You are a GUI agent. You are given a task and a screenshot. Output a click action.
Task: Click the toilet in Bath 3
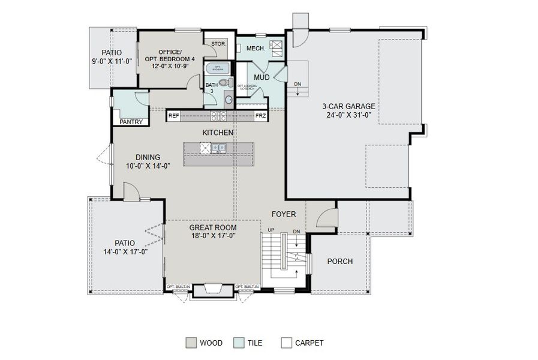click(224, 83)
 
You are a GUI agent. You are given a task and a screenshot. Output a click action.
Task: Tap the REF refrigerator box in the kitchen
click(173, 115)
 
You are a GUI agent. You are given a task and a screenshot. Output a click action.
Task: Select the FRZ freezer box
click(260, 115)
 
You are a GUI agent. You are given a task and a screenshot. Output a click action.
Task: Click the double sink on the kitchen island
click(218, 147)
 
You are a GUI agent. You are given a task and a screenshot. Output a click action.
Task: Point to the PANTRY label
click(131, 122)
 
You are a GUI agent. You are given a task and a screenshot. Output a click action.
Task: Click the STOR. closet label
click(218, 44)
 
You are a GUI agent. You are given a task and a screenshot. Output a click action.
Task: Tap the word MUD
click(261, 77)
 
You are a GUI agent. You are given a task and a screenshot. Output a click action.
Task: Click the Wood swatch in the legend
click(191, 343)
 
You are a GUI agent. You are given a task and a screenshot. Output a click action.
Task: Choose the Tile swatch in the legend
click(239, 343)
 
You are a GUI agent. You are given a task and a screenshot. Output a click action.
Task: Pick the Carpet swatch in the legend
click(286, 343)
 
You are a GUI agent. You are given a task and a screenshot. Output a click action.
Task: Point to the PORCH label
click(339, 262)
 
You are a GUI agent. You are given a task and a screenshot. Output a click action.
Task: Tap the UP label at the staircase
click(271, 230)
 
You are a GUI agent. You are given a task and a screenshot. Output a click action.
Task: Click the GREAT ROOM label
click(213, 227)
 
